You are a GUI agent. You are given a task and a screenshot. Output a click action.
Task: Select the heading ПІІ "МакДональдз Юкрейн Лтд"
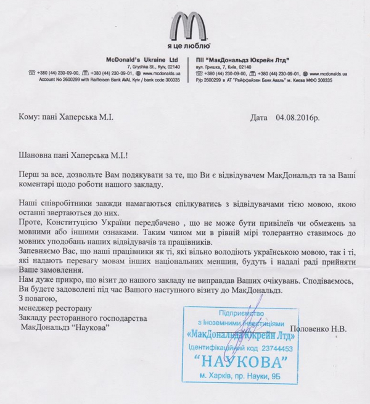point(238,59)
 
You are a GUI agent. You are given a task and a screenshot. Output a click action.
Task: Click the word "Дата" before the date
point(260,117)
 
